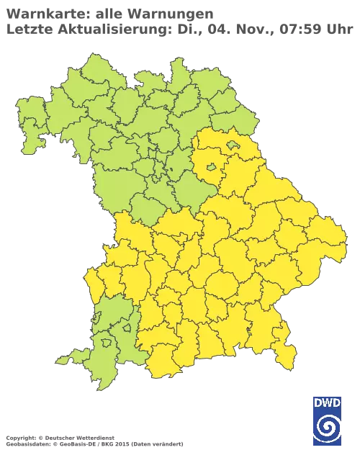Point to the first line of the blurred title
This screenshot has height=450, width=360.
pos(108,12)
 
